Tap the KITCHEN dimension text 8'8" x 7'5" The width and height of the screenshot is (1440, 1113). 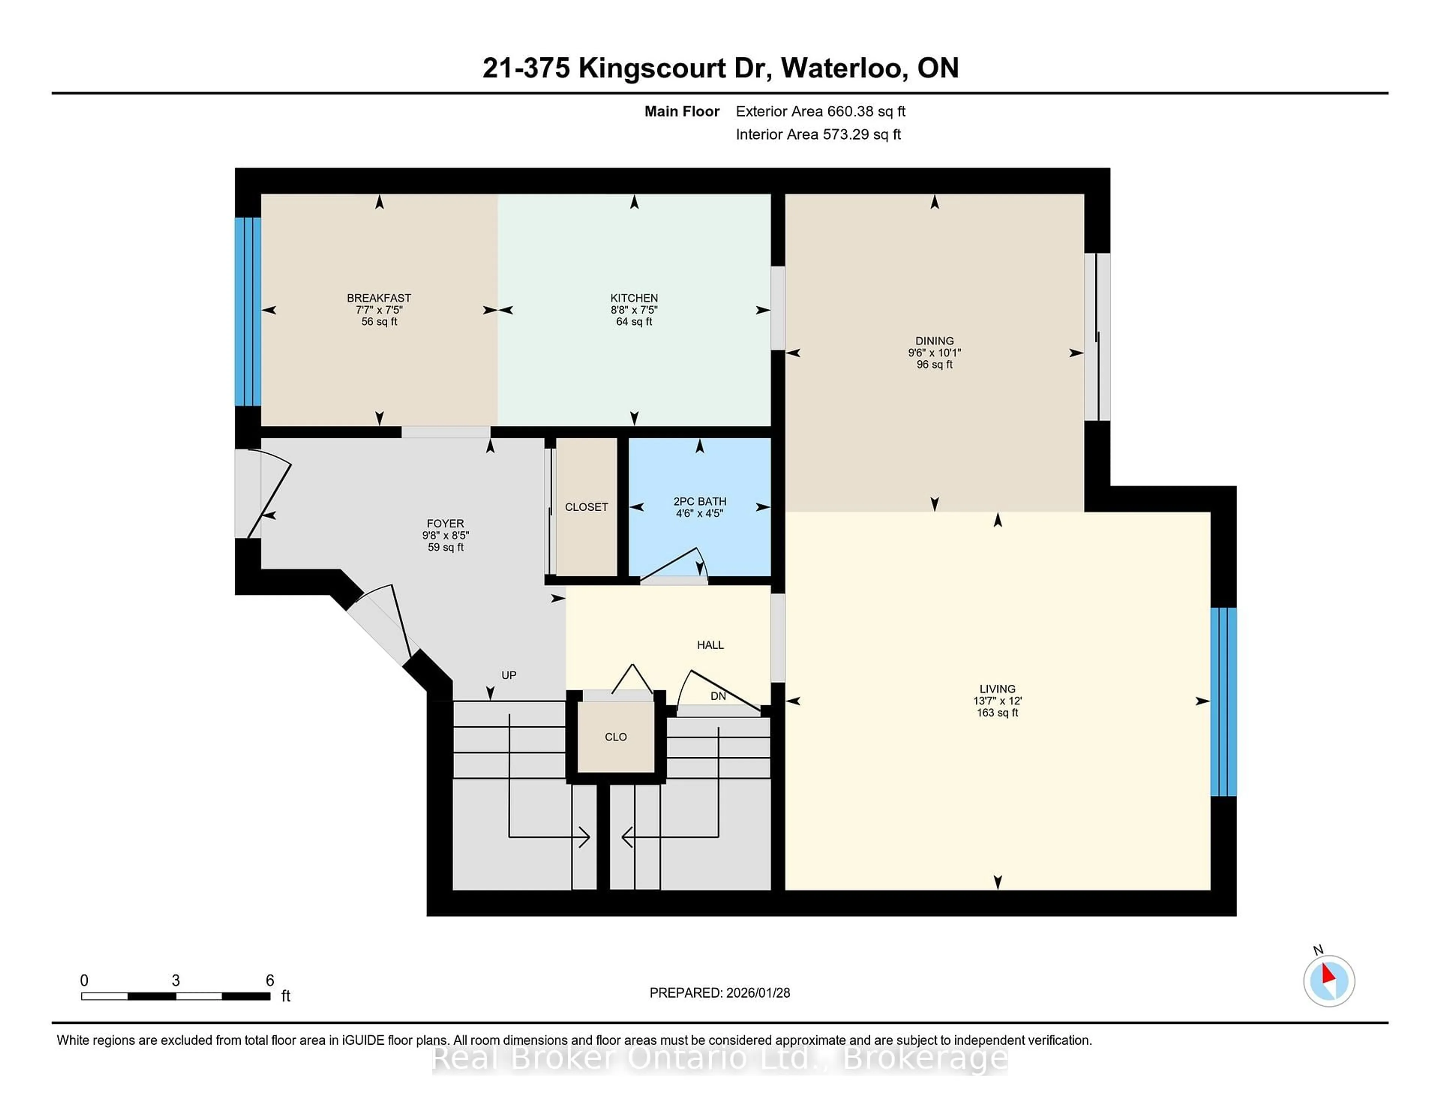[634, 310]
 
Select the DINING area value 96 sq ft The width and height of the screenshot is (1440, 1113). [934, 364]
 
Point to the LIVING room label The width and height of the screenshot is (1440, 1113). [997, 689]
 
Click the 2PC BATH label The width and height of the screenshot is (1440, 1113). [699, 501]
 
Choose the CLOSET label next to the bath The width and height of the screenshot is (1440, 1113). [586, 507]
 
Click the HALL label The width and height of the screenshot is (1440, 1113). [710, 645]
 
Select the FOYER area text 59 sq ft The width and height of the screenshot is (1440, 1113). [446, 547]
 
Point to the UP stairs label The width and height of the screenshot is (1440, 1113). [508, 675]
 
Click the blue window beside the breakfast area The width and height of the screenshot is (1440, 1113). [248, 311]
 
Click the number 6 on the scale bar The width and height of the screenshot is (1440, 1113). [270, 981]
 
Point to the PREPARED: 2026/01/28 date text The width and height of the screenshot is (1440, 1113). [719, 993]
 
